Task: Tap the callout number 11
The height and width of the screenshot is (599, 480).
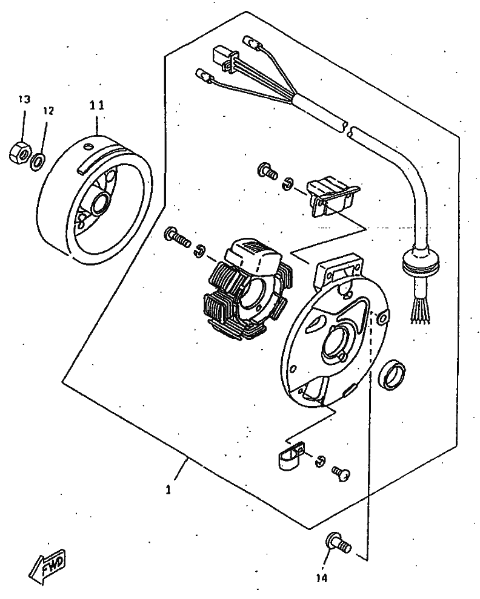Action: [97, 105]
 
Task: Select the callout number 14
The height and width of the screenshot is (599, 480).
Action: [321, 578]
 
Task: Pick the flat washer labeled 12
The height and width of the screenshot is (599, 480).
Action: [37, 161]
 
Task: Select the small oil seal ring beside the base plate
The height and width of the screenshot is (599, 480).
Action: [393, 373]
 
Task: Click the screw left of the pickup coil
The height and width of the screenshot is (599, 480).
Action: [267, 171]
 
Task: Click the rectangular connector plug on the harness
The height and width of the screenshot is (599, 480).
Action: [222, 56]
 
